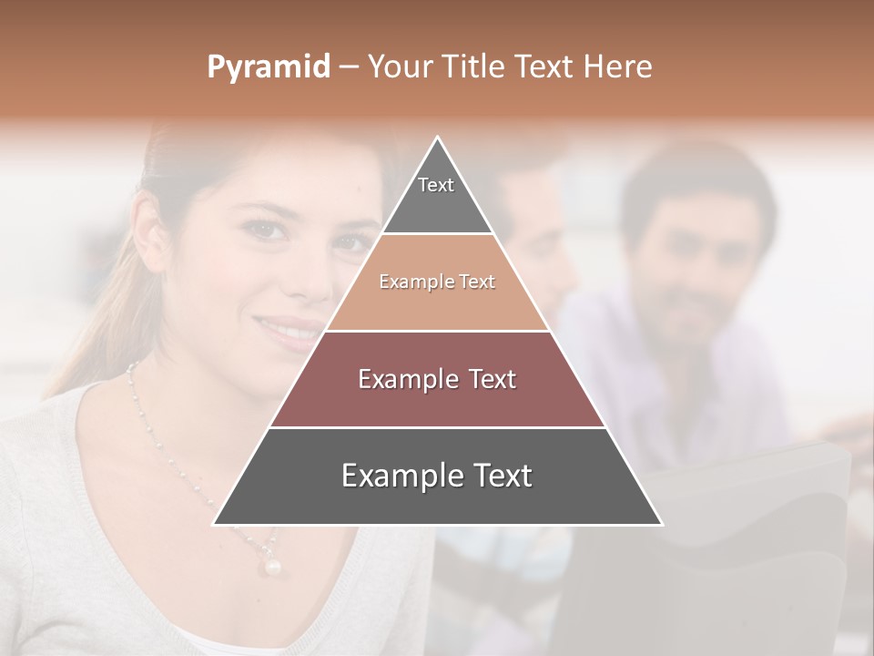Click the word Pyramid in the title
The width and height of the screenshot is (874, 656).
[268, 67]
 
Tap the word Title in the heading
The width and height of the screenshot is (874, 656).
[473, 67]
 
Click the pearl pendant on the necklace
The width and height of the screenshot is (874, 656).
[271, 566]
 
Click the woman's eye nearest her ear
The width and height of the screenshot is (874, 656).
[264, 229]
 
